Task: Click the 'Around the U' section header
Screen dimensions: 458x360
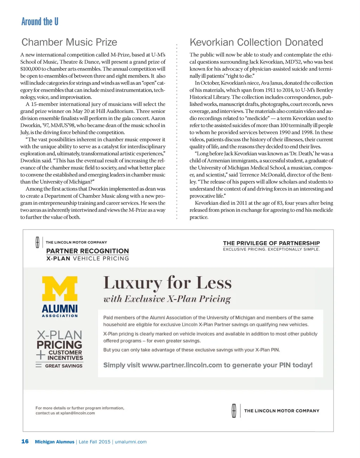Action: tap(40, 22)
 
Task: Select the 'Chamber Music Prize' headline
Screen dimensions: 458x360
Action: tap(69, 42)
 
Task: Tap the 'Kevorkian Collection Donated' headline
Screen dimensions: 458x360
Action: tap(256, 42)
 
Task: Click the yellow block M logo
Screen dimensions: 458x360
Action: tap(60, 288)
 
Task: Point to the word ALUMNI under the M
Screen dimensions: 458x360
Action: tap(60, 308)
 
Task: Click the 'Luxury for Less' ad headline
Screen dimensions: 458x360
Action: tap(167, 283)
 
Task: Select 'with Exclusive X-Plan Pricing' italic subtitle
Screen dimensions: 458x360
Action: tap(167, 299)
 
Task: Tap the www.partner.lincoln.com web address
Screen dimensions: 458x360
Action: tap(182, 365)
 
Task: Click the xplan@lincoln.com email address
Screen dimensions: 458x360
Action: tap(77, 413)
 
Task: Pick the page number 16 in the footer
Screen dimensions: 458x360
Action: tap(25, 441)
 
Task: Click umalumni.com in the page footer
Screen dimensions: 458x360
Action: tap(131, 442)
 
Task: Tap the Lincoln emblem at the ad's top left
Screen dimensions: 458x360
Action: tap(37, 242)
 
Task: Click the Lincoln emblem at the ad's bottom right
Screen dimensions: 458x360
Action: tap(234, 411)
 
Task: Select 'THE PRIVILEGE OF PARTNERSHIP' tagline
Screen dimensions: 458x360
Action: tap(271, 243)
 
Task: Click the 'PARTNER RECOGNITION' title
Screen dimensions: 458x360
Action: tap(88, 251)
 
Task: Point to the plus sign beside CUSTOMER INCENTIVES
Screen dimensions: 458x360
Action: tap(41, 355)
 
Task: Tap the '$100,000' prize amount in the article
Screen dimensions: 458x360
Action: tap(31, 69)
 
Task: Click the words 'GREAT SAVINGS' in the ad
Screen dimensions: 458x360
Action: tap(64, 366)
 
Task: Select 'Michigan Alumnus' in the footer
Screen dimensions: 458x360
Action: tap(54, 442)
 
